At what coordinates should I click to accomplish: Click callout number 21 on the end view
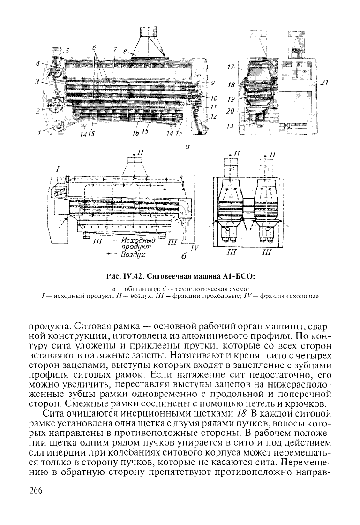[323, 81]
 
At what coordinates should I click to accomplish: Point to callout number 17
[230, 67]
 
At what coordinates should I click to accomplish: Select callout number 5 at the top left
[67, 50]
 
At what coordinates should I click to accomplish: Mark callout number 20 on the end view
[230, 112]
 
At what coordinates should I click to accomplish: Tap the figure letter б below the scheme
[184, 257]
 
